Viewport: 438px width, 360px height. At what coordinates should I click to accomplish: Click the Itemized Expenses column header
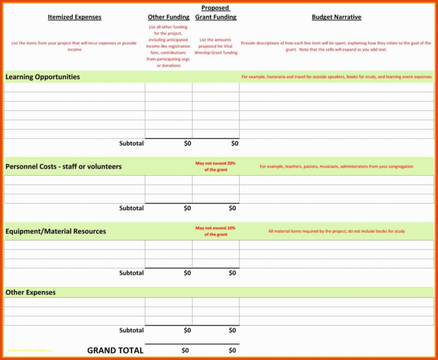pyautogui.click(x=74, y=17)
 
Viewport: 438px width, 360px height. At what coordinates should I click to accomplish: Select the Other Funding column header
pyautogui.click(x=168, y=17)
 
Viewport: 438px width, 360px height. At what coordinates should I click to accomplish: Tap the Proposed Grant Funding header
pyautogui.click(x=216, y=13)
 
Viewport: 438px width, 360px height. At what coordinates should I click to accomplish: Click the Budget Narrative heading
pyautogui.click(x=336, y=17)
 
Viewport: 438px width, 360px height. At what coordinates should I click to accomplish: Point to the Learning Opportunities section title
pyautogui.click(x=43, y=77)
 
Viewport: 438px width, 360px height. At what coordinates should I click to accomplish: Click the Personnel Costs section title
pyautogui.click(x=63, y=167)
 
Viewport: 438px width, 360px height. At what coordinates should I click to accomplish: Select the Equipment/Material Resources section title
pyautogui.click(x=55, y=232)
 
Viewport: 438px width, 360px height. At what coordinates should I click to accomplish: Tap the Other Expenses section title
pyautogui.click(x=30, y=293)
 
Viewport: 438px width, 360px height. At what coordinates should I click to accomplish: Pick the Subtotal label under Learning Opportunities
pyautogui.click(x=131, y=143)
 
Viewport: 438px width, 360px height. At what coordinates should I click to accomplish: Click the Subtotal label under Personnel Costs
pyautogui.click(x=131, y=208)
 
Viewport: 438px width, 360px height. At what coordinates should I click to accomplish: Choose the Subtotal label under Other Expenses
pyautogui.click(x=131, y=330)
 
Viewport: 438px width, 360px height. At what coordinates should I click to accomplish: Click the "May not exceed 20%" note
pyautogui.click(x=216, y=167)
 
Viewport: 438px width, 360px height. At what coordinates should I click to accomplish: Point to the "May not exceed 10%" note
pyautogui.click(x=216, y=231)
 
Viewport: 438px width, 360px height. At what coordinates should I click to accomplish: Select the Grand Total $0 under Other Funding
pyautogui.click(x=185, y=350)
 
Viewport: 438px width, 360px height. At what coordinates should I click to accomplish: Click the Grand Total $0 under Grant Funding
pyautogui.click(x=232, y=350)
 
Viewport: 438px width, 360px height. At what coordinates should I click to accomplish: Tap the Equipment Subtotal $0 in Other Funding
pyautogui.click(x=187, y=273)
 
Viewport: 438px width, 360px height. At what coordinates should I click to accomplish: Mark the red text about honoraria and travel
pyautogui.click(x=336, y=77)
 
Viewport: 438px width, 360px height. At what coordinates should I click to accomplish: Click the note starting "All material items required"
pyautogui.click(x=336, y=232)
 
